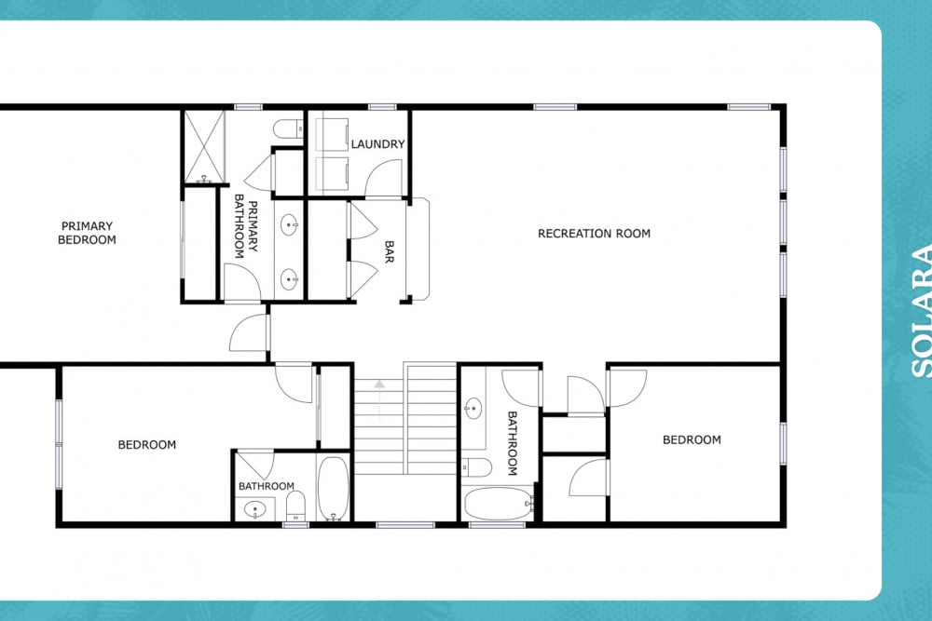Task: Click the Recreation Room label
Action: pos(594,234)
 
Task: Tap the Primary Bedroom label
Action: pos(87,233)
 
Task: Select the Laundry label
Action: pos(377,144)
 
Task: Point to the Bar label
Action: pos(390,251)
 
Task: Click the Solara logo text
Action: pos(922,311)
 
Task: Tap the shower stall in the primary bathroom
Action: pos(204,146)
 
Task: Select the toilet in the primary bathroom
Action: pos(288,128)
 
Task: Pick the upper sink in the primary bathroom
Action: pos(290,225)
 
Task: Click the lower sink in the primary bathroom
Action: pos(290,279)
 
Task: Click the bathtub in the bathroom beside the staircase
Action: pos(498,504)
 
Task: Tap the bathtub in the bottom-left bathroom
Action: pos(333,489)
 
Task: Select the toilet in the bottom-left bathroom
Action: pos(295,506)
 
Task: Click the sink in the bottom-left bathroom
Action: pos(255,509)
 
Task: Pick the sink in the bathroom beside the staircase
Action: pos(473,409)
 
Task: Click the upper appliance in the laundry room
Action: pos(332,134)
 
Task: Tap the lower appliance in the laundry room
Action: pos(332,173)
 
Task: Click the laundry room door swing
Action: pos(384,178)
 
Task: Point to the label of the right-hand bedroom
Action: pos(692,440)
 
